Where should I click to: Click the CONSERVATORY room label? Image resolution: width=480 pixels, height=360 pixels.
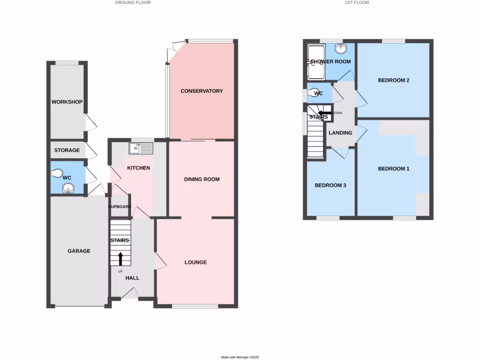pos(202,91)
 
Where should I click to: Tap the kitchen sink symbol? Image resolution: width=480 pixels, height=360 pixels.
pos(141,148)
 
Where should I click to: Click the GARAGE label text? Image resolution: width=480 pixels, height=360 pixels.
pos(79,251)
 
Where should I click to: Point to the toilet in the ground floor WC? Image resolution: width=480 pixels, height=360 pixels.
pos(57,174)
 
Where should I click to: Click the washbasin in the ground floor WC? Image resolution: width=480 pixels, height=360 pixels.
pos(68,190)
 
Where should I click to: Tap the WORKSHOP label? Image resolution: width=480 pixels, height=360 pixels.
pos(67,102)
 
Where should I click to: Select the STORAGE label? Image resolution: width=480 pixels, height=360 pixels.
pos(67,150)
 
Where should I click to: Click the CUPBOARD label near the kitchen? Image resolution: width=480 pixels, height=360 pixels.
pos(120,207)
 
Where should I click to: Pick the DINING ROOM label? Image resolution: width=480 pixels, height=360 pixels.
pos(202,180)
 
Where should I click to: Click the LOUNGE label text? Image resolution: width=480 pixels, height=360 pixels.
pos(195,262)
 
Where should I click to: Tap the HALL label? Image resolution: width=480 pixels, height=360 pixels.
pos(132,278)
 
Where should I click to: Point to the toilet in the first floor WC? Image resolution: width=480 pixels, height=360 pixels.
pos(312,93)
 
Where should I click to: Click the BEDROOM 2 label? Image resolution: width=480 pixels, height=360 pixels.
pos(394,80)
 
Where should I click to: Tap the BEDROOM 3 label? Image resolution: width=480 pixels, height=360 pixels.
pos(330,185)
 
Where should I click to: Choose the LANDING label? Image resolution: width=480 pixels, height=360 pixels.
pos(340,133)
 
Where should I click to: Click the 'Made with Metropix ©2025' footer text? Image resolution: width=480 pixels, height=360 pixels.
pos(240,357)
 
